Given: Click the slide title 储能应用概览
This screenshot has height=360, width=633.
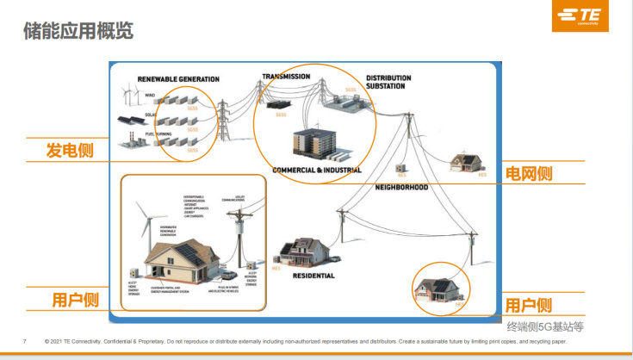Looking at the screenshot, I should pos(78,32).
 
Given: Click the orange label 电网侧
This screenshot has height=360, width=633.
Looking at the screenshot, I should pos(528,173).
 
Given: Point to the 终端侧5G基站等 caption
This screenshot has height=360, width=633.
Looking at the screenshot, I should pos(544,326).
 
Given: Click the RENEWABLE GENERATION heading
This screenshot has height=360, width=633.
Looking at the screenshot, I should pos(178,79).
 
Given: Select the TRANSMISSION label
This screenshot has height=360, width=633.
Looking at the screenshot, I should pos(286,77).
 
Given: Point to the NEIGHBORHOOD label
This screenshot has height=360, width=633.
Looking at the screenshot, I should pos(402,186).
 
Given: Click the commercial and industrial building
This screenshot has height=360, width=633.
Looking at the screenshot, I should pos(318,143).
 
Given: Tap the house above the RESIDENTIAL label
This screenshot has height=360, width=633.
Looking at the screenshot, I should pos(301,252).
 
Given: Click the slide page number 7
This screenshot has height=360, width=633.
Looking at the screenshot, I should pos(25,341).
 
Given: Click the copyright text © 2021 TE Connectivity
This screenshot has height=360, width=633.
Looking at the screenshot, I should pos(86,341).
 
